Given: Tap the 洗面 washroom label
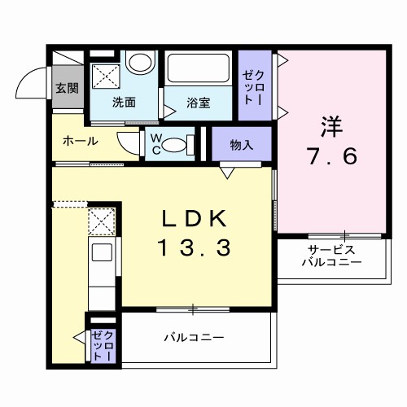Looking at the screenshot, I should coord(124,103).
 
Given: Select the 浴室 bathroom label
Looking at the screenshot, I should coord(199,103).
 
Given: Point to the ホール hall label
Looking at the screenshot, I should coord(81,141).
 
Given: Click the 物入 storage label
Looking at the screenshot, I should coord(242,146).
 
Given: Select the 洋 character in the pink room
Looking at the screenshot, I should coord(330,127).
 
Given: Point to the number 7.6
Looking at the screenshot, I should coord(331,156).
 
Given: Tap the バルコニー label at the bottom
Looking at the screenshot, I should coord(194,337).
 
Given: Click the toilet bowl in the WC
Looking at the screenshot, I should coord(173,145).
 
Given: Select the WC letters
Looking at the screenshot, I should coord(153,144).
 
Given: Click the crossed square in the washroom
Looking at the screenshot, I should coord(104,77).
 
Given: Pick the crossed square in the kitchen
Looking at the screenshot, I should coord(102,221).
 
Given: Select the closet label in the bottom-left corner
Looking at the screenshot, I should coord(103,346).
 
